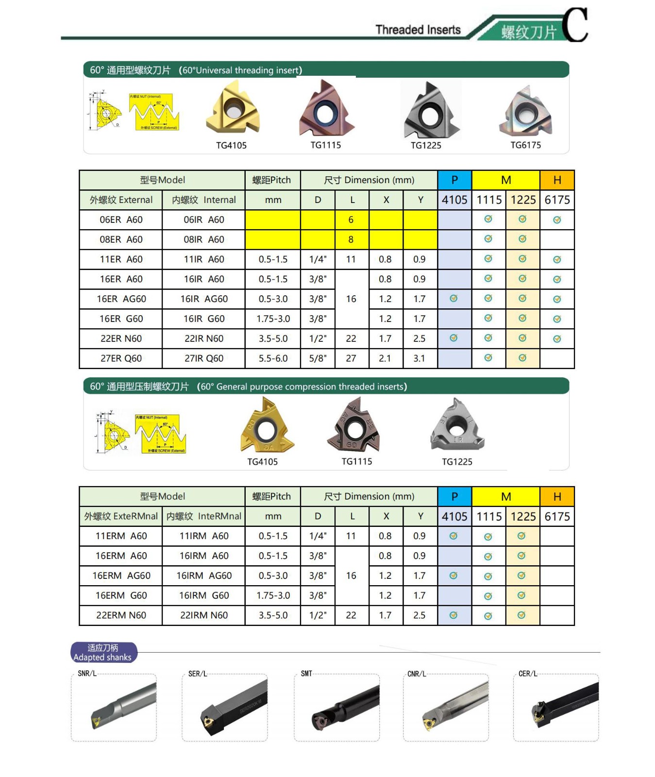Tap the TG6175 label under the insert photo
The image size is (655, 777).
(x=525, y=145)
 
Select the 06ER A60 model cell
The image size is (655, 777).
(x=121, y=220)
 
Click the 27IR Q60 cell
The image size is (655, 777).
(x=204, y=358)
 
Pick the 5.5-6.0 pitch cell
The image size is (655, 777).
(x=273, y=358)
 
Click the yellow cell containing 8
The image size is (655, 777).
(x=351, y=239)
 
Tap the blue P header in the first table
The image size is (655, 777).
(x=454, y=180)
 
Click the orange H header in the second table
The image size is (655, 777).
(x=557, y=496)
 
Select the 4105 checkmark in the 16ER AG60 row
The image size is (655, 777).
(x=453, y=298)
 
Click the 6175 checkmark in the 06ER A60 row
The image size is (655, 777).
(x=557, y=220)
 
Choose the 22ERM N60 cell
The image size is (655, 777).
(x=121, y=615)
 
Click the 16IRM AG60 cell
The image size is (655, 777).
(x=204, y=575)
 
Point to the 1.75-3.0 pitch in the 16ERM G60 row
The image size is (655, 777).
(x=273, y=595)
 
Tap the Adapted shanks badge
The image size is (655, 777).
(x=103, y=653)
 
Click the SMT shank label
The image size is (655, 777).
(x=306, y=674)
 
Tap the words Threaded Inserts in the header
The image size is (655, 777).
(x=418, y=30)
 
